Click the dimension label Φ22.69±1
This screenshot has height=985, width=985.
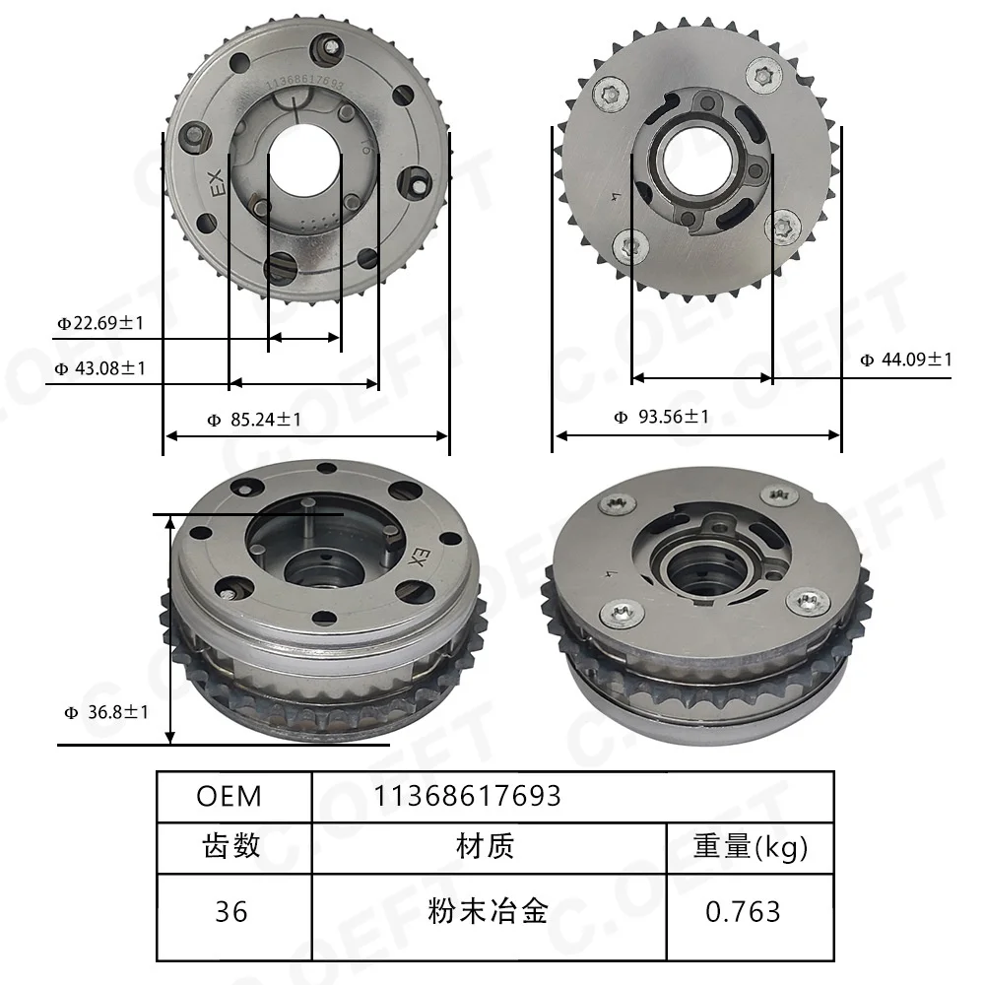tap(100, 323)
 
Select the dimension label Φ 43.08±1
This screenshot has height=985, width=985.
tap(100, 368)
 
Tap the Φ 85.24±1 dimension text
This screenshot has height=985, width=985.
tap(254, 419)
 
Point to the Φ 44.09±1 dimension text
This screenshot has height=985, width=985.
tap(906, 360)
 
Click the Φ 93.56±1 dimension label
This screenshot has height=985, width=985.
tap(662, 417)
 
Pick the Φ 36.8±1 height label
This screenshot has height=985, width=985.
tap(106, 712)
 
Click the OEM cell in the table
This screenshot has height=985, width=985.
tap(229, 797)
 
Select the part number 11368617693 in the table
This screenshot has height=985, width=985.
tap(467, 796)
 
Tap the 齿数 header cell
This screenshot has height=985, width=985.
tap(231, 846)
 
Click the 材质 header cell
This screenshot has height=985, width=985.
tap(486, 846)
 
